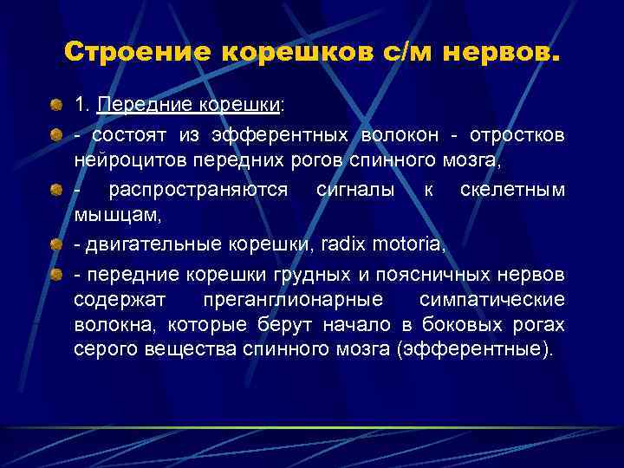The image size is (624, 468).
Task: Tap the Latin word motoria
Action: [x=407, y=246]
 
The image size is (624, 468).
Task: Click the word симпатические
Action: [x=491, y=299]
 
